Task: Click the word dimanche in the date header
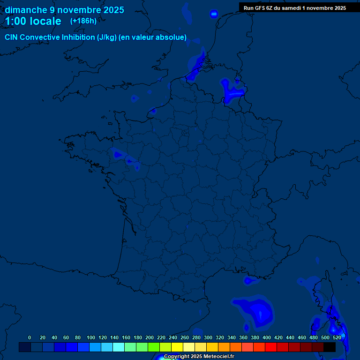(25, 10)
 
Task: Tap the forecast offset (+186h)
(83, 21)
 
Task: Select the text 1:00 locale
(33, 21)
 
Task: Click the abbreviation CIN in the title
(12, 37)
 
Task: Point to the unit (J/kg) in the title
(106, 37)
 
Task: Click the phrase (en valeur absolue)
(152, 37)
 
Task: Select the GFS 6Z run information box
(299, 7)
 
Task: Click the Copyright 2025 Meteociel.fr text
(199, 357)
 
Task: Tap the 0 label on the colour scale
(30, 337)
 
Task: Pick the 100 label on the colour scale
(90, 337)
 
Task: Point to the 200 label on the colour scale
(150, 337)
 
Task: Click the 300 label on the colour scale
(208, 337)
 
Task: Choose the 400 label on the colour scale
(266, 337)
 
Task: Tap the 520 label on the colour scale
(337, 337)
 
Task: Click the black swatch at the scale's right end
(329, 347)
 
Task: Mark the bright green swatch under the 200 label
(153, 347)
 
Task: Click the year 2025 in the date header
(112, 10)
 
